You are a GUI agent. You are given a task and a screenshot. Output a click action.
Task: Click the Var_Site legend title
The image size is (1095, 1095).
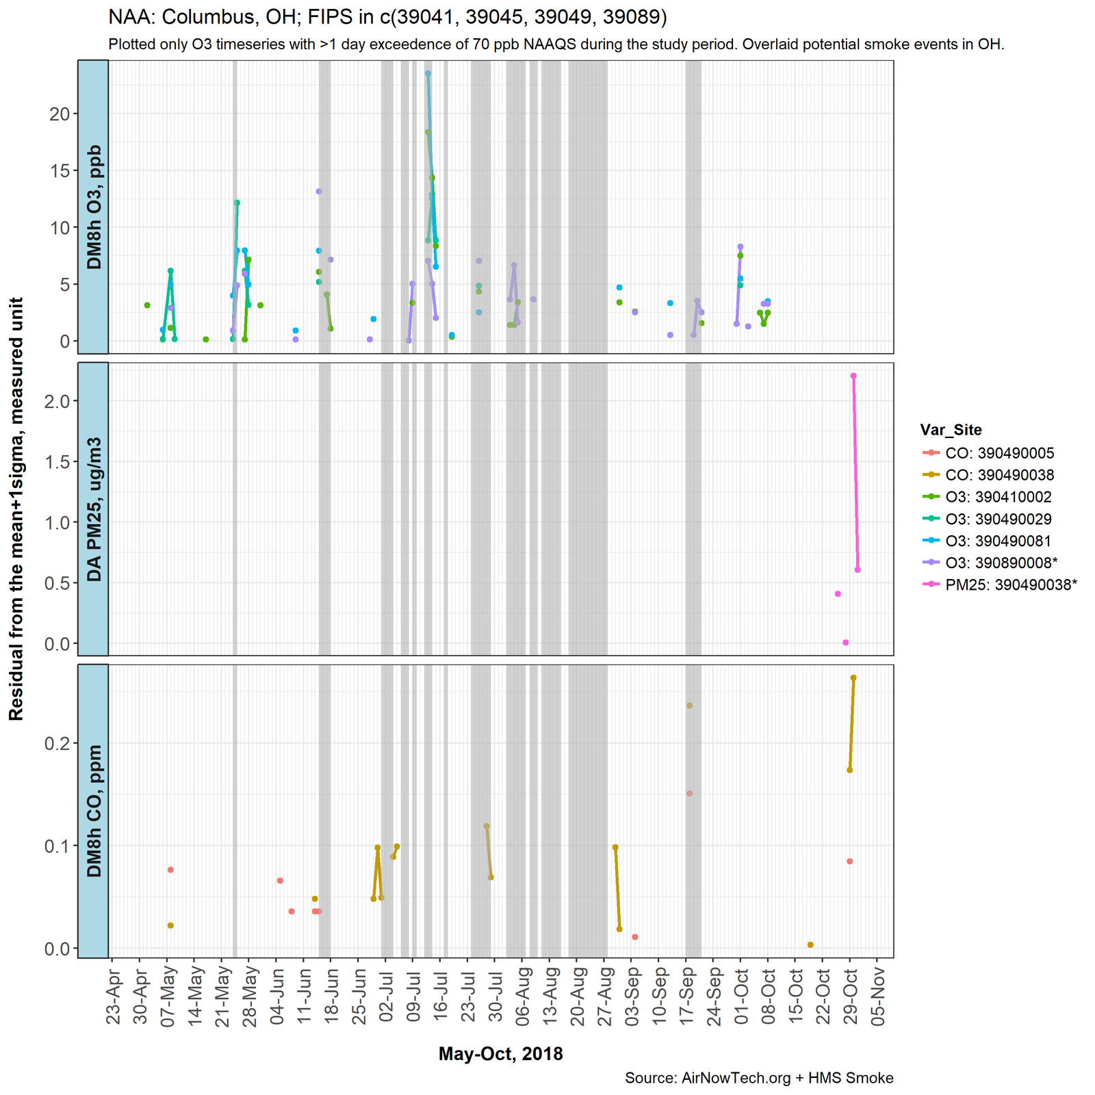pyautogui.click(x=951, y=430)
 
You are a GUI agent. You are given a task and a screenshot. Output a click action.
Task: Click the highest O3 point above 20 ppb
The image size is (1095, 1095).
pyautogui.click(x=428, y=73)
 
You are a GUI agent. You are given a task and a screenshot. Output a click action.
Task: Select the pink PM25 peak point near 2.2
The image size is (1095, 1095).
pyautogui.click(x=853, y=376)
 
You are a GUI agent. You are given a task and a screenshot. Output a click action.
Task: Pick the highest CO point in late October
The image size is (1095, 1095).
pyautogui.click(x=853, y=678)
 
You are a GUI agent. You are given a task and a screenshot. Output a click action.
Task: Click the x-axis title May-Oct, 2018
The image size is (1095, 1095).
pyautogui.click(x=500, y=1054)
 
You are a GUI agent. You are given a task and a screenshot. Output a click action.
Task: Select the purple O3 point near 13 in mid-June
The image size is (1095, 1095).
pyautogui.click(x=319, y=192)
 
